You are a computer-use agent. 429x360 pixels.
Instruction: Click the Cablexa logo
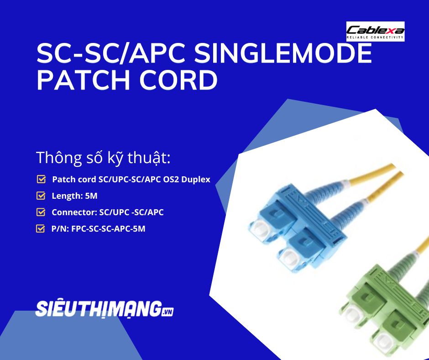click(x=375, y=32)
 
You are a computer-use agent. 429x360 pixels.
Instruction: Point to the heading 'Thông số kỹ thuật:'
click(x=103, y=158)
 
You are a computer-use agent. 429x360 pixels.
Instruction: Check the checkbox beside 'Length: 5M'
click(x=41, y=196)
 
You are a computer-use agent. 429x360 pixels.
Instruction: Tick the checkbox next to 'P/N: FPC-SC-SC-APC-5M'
click(x=41, y=228)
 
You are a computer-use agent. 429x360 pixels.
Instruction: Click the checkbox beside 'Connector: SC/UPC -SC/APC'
click(x=41, y=212)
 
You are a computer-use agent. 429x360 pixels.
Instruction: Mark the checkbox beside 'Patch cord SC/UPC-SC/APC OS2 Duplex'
click(x=41, y=180)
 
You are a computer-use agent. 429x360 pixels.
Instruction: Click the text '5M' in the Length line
click(x=91, y=196)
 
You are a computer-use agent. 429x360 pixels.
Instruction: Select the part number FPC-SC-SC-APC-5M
click(x=109, y=228)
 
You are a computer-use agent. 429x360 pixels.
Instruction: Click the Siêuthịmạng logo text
click(x=99, y=309)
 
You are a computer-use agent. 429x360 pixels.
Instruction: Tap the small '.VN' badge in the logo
click(x=168, y=312)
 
